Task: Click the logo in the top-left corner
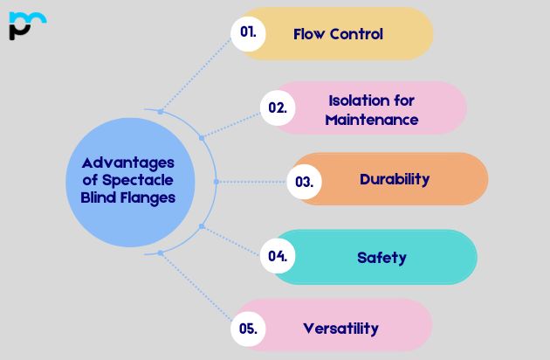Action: [27, 25]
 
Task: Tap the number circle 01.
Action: [248, 34]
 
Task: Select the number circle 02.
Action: [278, 108]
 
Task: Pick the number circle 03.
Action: [304, 182]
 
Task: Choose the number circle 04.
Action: [278, 256]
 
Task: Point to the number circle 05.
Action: [248, 329]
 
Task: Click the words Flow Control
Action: [338, 34]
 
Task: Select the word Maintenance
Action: [371, 119]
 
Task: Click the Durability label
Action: [395, 179]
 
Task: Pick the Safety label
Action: [382, 257]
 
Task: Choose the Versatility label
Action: [340, 329]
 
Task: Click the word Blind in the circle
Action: [87, 197]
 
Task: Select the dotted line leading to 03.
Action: [253, 182]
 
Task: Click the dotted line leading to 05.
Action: [196, 289]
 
